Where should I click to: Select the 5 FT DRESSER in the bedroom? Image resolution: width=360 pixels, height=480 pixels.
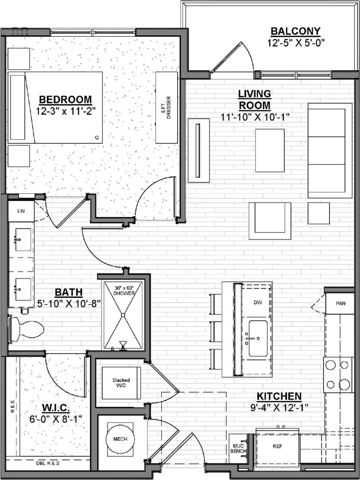click(x=166, y=107)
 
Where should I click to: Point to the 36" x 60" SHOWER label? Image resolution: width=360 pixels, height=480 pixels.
click(x=124, y=290)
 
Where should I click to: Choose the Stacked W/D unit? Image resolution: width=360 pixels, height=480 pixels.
click(x=121, y=383)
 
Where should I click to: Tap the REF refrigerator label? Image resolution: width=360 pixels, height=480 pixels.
click(x=277, y=446)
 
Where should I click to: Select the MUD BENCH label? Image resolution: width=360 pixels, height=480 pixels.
click(x=237, y=449)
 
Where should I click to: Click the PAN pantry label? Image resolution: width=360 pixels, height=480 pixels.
click(x=341, y=303)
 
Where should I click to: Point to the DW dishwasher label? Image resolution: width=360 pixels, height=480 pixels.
click(x=258, y=303)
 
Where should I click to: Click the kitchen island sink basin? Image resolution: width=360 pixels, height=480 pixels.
click(x=258, y=338)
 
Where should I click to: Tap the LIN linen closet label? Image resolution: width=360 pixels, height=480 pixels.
click(x=21, y=211)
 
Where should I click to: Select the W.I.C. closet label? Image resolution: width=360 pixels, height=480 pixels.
click(x=56, y=407)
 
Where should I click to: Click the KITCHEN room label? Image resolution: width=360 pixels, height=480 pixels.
click(x=279, y=396)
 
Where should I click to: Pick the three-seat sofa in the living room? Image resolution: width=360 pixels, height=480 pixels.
click(x=330, y=150)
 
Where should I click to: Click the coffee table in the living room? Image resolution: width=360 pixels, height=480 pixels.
click(x=270, y=150)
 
